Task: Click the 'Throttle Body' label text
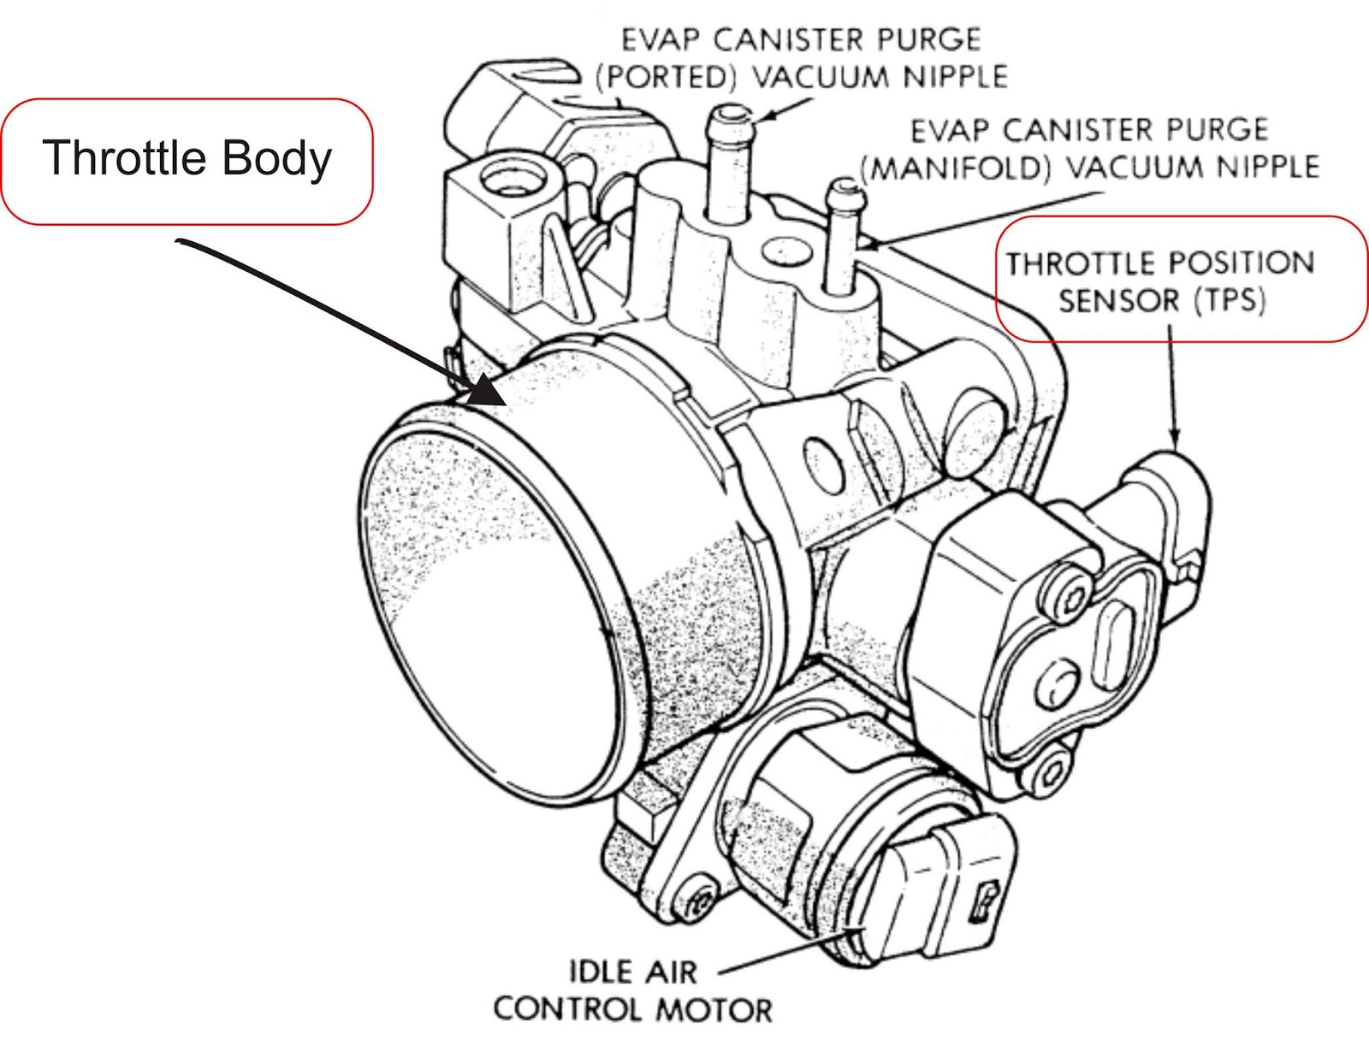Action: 187,158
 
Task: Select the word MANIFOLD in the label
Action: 955,168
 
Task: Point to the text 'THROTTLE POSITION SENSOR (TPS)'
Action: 1160,281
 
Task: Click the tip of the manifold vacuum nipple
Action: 845,188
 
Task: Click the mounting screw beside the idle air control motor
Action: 696,905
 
